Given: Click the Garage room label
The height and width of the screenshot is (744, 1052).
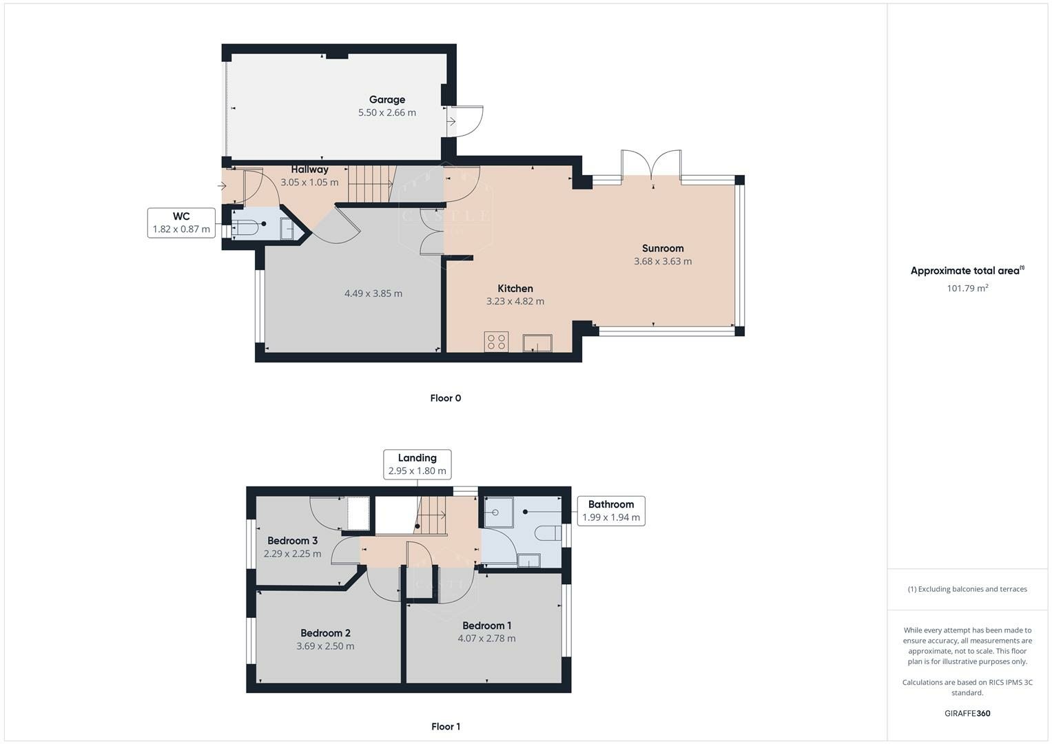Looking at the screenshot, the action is tap(387, 100).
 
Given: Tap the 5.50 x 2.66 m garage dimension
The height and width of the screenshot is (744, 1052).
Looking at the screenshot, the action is tap(387, 113).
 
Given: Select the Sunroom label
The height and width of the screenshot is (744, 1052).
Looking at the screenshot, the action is tap(663, 249).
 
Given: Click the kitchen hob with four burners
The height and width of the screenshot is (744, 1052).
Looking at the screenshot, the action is tap(496, 342).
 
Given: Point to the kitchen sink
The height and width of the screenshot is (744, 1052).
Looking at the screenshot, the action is tap(537, 343).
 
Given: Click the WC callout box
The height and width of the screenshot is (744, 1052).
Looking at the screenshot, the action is tap(181, 223).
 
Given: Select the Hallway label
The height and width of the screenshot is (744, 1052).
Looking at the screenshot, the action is tap(309, 169).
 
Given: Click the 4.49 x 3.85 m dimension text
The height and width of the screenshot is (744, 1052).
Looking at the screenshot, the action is tap(373, 293).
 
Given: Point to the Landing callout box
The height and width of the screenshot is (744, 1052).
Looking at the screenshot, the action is tap(417, 464).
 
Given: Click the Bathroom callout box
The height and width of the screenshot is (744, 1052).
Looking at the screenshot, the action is tap(611, 510).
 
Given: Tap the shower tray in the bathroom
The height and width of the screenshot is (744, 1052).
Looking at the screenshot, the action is tap(499, 512).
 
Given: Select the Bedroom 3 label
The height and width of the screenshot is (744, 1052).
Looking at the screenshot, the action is tap(293, 541).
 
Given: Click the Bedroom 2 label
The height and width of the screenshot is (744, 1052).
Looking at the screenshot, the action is tap(325, 633).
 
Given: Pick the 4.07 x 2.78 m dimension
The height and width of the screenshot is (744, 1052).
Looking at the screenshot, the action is tap(486, 639).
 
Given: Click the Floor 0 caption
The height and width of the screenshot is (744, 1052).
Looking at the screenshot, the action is tap(446, 398).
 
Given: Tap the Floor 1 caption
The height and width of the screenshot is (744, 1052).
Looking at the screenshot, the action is tap(446, 727).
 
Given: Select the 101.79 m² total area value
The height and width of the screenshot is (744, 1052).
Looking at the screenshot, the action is tap(967, 288).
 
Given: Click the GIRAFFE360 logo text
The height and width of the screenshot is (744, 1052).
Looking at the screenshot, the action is tap(967, 713).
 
